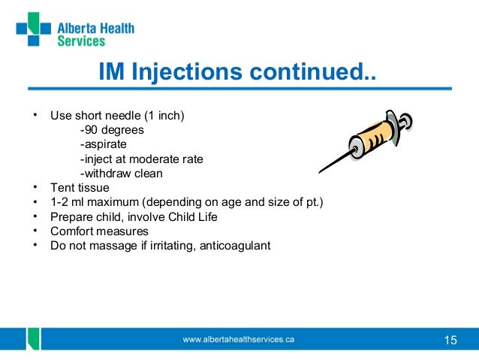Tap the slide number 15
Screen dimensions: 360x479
click(x=450, y=340)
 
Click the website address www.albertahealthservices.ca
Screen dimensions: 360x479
click(x=239, y=340)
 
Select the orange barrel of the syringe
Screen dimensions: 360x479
click(x=371, y=138)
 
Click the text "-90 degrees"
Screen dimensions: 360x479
click(x=112, y=130)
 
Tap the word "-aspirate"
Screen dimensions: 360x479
click(x=104, y=144)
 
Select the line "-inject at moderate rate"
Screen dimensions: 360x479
click(x=141, y=159)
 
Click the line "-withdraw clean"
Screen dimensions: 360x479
click(x=121, y=173)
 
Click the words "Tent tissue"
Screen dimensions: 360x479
click(x=80, y=187)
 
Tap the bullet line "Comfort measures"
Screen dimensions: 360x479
click(x=99, y=231)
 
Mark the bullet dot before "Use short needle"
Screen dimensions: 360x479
click(x=35, y=116)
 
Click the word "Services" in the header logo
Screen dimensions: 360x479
click(x=81, y=41)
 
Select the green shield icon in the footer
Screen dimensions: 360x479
click(x=33, y=340)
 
